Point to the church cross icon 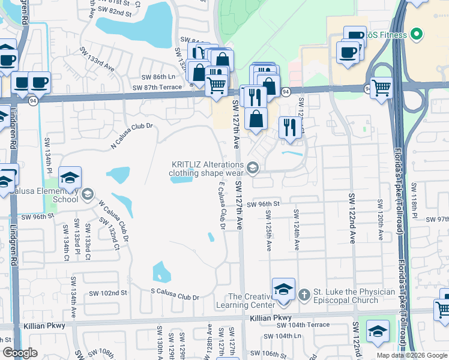304,294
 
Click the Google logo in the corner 20,353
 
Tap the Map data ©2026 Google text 411,355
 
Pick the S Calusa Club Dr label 175,296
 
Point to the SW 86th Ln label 158,77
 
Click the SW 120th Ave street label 380,217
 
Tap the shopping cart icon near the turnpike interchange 382,88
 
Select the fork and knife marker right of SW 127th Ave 290,127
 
